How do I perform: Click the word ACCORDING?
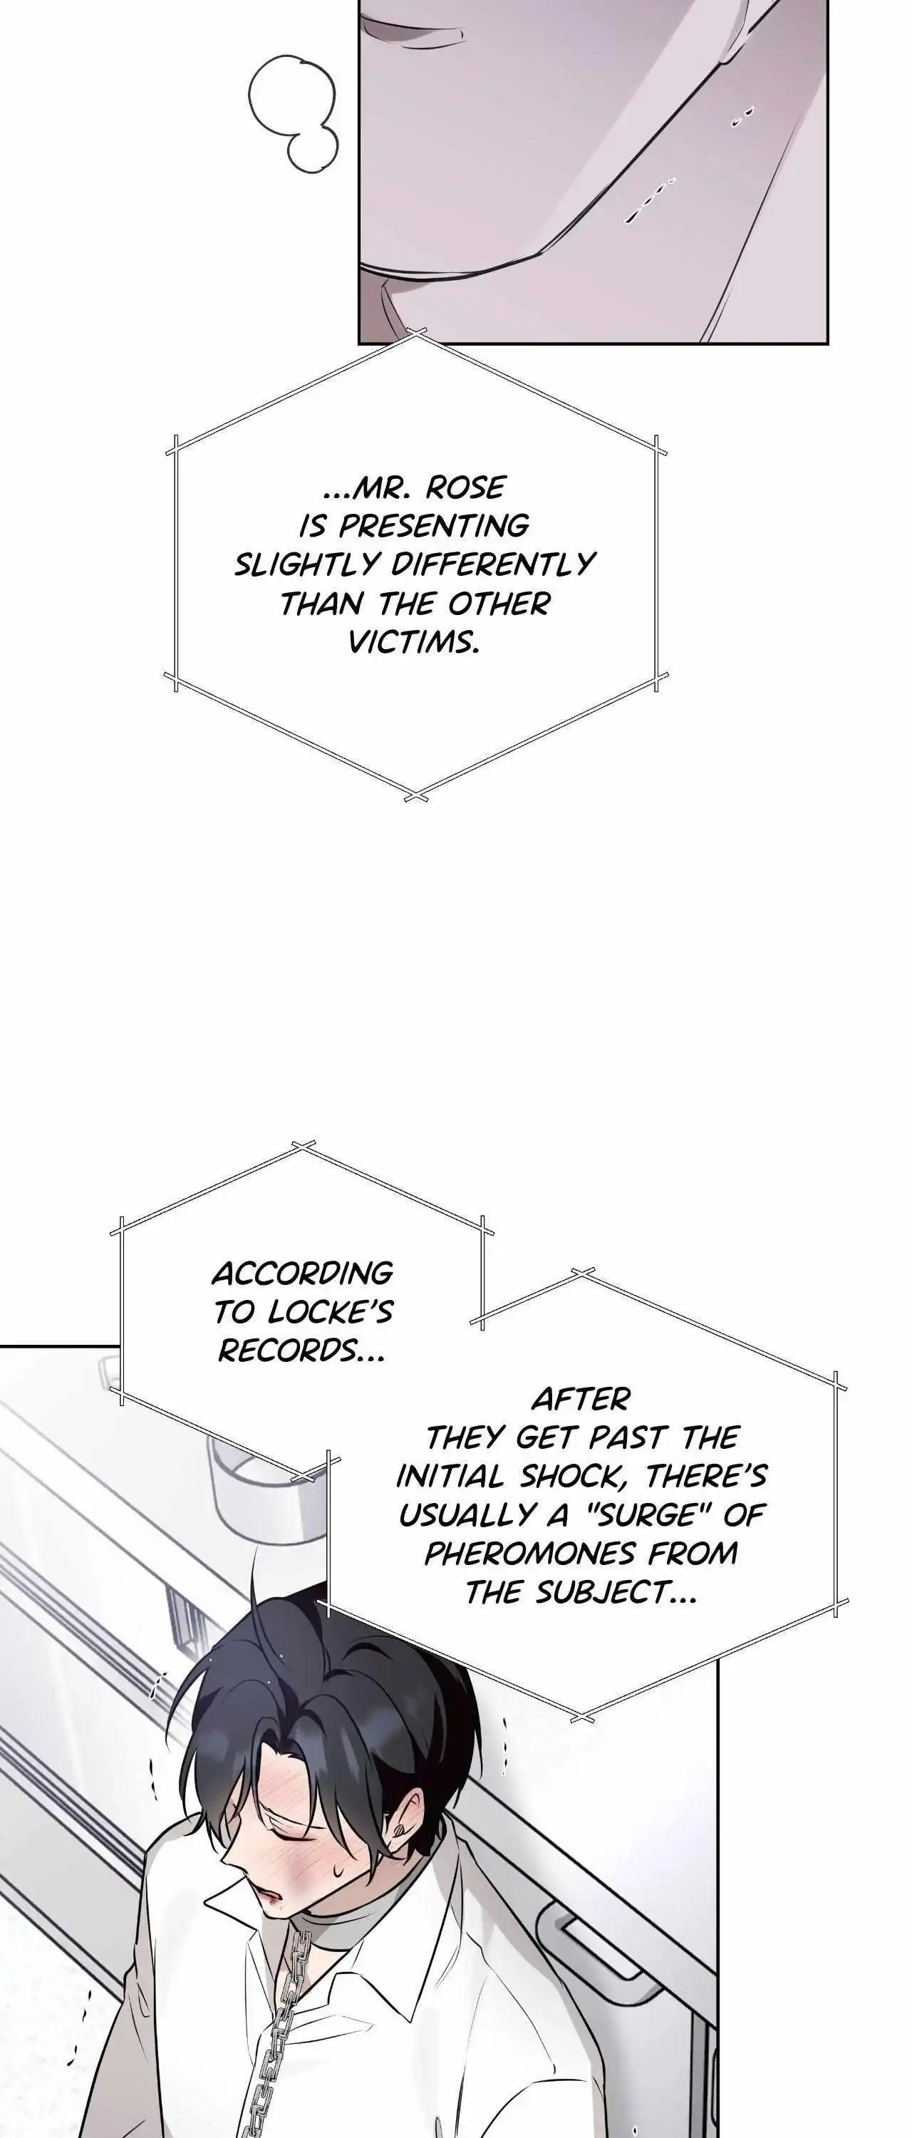303,1273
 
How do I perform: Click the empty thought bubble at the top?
294,115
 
